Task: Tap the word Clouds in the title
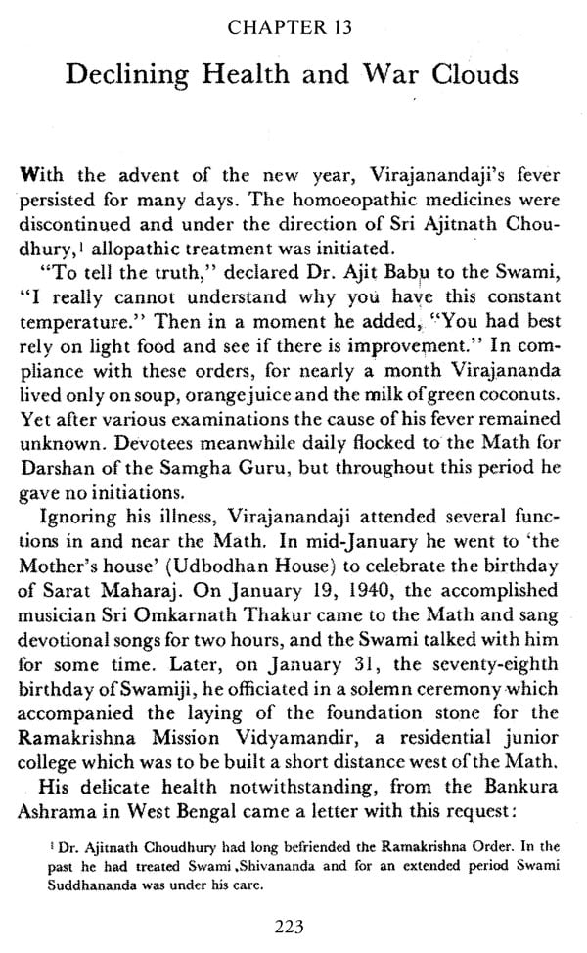click(459, 69)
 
